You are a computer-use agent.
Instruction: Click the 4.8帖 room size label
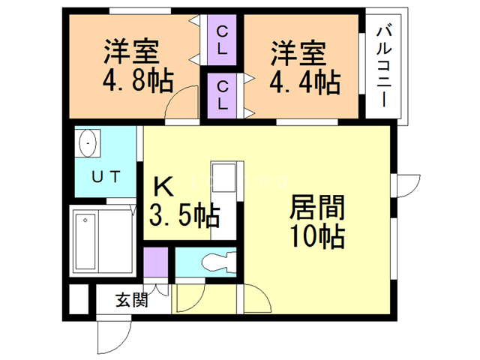pyautogui.click(x=138, y=81)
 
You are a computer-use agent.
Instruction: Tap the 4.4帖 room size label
pyautogui.click(x=305, y=82)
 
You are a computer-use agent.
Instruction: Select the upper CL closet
pyautogui.click(x=222, y=40)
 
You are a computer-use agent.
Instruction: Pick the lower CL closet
pyautogui.click(x=222, y=95)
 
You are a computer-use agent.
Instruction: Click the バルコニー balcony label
pyautogui.click(x=384, y=67)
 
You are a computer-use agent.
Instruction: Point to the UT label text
pyautogui.click(x=106, y=177)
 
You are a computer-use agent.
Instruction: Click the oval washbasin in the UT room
pyautogui.click(x=88, y=143)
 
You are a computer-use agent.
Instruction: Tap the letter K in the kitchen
pyautogui.click(x=163, y=187)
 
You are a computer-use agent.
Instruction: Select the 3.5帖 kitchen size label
pyautogui.click(x=184, y=215)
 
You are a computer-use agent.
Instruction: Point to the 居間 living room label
pyautogui.click(x=317, y=207)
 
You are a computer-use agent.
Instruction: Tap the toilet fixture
pyautogui.click(x=219, y=262)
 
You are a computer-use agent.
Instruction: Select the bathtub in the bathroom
pyautogui.click(x=85, y=241)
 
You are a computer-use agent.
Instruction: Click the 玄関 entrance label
pyautogui.click(x=132, y=300)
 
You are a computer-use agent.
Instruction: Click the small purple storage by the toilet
pyautogui.click(x=156, y=262)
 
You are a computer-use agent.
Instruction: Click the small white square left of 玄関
pyautogui.click(x=79, y=299)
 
